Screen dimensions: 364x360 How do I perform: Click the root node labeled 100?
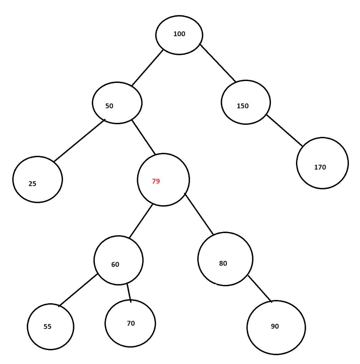pyautogui.click(x=179, y=35)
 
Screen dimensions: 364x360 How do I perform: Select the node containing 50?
pyautogui.click(x=117, y=103)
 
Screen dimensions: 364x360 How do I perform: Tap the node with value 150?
pyautogui.click(x=246, y=102)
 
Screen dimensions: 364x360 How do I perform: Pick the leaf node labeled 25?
pyautogui.click(x=38, y=179)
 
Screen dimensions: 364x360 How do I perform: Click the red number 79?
pyautogui.click(x=156, y=181)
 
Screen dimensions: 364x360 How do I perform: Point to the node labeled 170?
pyautogui.click(x=322, y=163)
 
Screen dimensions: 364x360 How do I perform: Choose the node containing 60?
pyautogui.click(x=118, y=260)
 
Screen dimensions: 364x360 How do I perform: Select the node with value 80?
pyautogui.click(x=225, y=259)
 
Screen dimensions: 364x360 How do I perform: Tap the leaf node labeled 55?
pyautogui.click(x=51, y=326)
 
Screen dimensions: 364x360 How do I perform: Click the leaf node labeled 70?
pyautogui.click(x=130, y=323)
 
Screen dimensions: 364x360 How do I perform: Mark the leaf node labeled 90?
pyautogui.click(x=276, y=327)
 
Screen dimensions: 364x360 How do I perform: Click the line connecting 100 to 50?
pyautogui.click(x=147, y=68)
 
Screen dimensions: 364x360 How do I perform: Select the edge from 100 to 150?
pyautogui.click(x=217, y=62)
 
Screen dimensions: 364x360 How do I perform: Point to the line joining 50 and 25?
pyautogui.click(x=79, y=141)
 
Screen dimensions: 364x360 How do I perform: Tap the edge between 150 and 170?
pyautogui.click(x=284, y=130)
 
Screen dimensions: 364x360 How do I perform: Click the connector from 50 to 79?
pyautogui.click(x=144, y=137)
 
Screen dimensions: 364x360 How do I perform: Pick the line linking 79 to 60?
pyautogui.click(x=141, y=221)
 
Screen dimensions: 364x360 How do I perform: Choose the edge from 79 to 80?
pyautogui.click(x=199, y=214)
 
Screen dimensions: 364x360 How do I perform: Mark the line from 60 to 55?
pyautogui.click(x=78, y=290)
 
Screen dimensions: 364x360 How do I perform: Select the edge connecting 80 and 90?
pyautogui.click(x=260, y=289)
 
